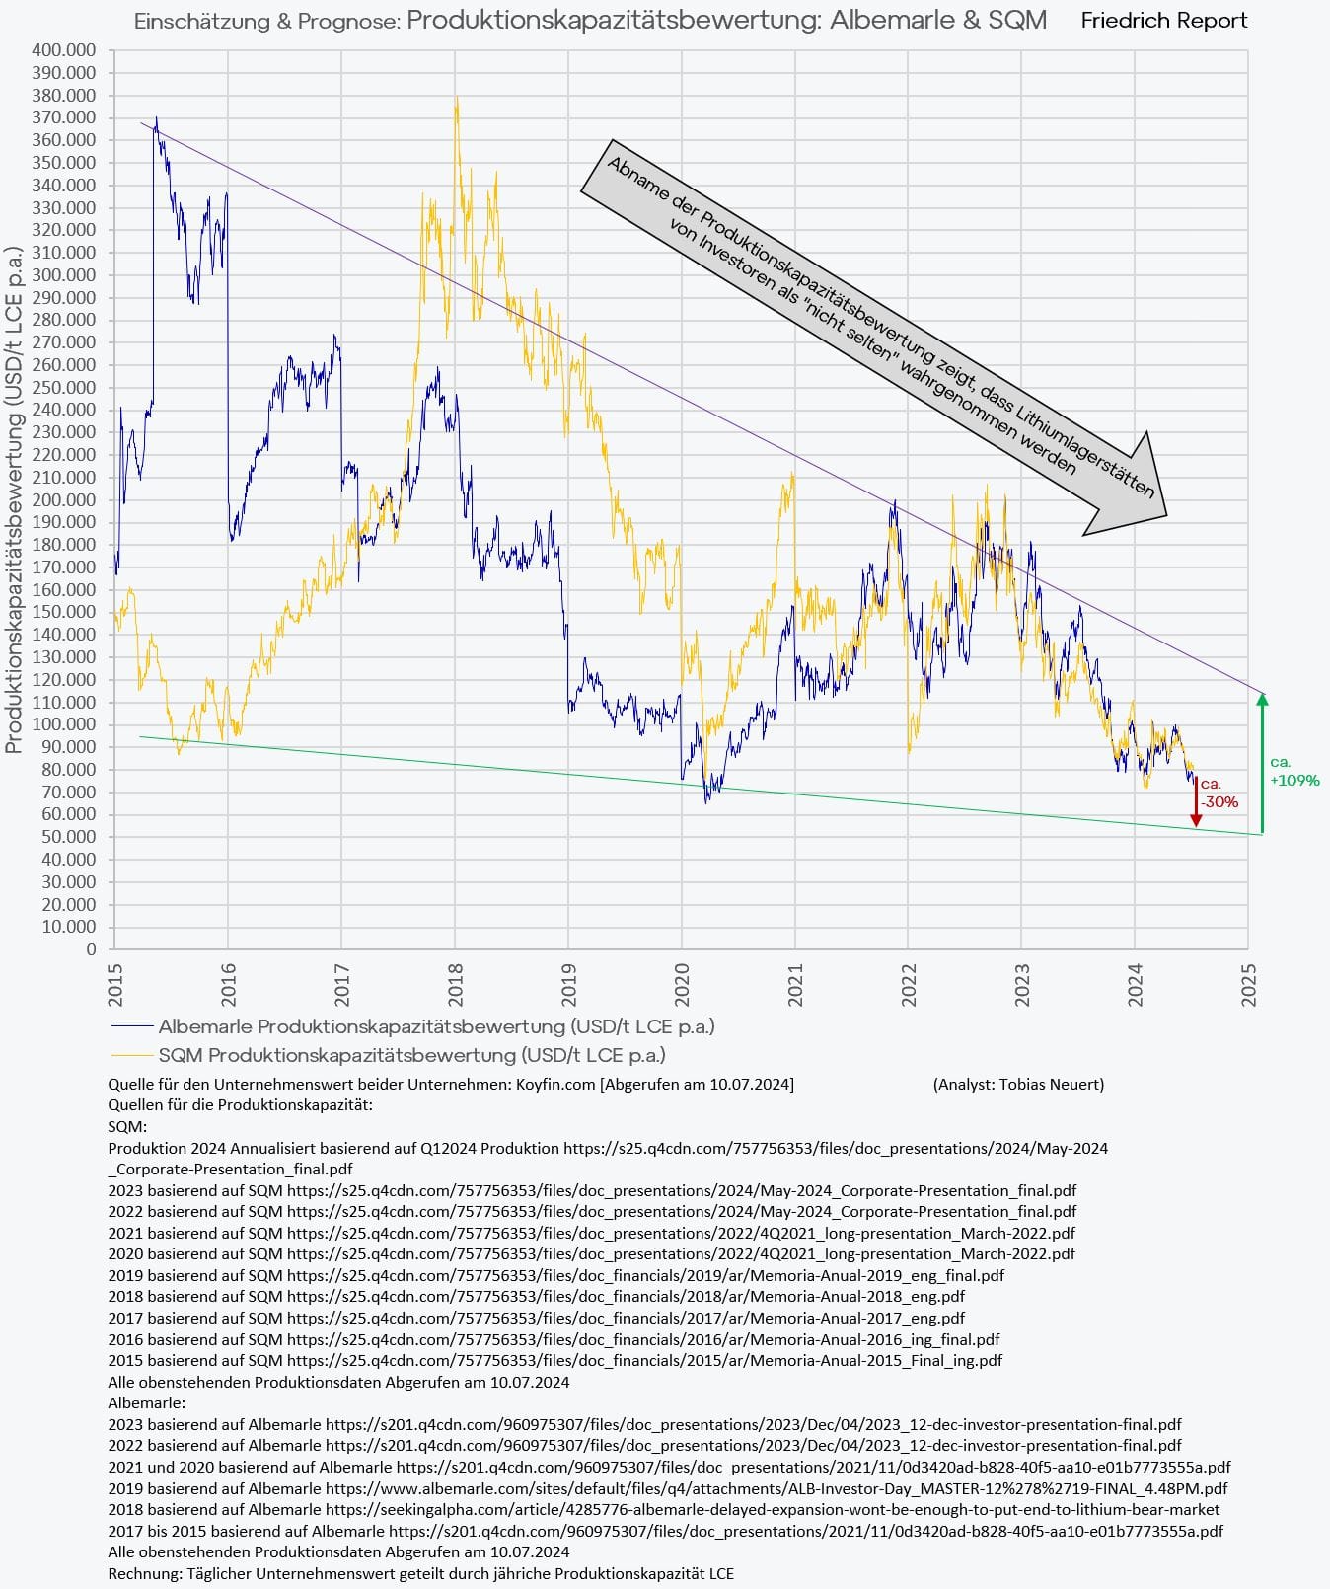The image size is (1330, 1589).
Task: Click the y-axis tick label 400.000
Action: click(x=64, y=50)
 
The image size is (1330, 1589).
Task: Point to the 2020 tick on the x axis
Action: click(x=681, y=984)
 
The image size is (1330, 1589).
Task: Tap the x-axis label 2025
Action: click(x=1249, y=984)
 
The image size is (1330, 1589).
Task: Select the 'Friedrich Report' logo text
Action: click(x=1163, y=21)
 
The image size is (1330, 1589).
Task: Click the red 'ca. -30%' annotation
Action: click(x=1219, y=794)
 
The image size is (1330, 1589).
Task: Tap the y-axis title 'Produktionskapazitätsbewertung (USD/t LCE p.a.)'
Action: click(x=14, y=498)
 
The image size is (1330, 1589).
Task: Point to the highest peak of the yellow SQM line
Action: click(x=456, y=99)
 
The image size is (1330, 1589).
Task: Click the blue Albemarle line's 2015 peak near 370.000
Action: click(x=156, y=119)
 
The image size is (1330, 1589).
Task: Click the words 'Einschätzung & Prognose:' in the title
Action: click(x=266, y=21)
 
